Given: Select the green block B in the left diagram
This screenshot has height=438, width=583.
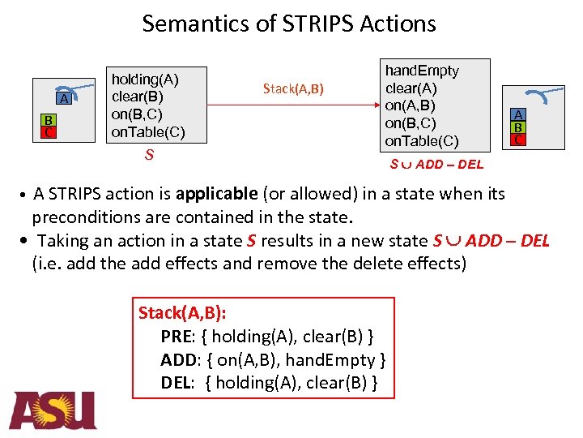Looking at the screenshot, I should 49,118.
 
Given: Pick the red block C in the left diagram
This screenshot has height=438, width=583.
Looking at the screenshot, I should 49,131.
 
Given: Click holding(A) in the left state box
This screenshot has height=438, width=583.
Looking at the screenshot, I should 145,79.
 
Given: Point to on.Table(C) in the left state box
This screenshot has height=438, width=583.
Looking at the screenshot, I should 149,132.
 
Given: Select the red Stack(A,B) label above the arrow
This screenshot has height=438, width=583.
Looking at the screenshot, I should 293,88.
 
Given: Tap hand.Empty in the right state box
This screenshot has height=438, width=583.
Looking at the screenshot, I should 421,71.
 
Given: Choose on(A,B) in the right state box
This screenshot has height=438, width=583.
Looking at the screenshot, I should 410,105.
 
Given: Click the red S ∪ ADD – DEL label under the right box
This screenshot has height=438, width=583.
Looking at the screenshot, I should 436,164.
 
